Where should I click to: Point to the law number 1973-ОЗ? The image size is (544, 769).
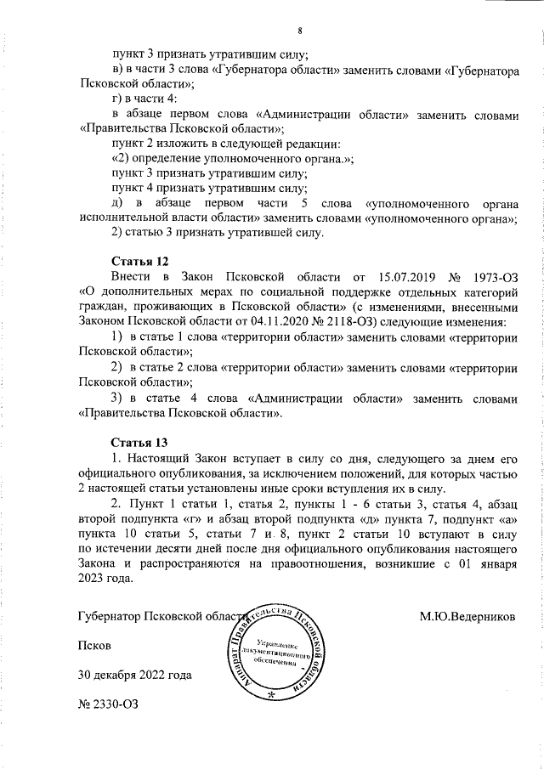(x=494, y=276)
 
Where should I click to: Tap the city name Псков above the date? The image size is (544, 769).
(x=93, y=645)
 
